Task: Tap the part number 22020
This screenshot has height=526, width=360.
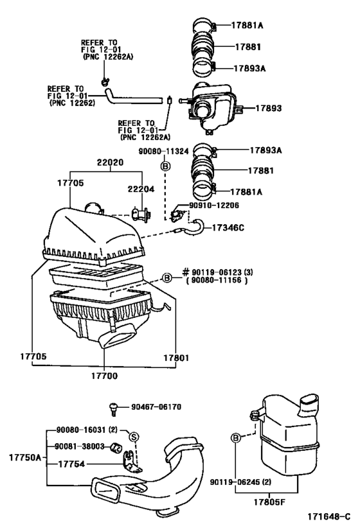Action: (x=110, y=164)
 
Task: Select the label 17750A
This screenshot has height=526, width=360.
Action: (x=24, y=457)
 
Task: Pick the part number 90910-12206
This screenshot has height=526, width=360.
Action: (x=214, y=206)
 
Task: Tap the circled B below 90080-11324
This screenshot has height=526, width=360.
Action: (x=164, y=166)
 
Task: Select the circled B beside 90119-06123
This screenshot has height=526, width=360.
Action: (x=166, y=277)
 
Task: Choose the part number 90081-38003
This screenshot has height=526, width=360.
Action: (x=78, y=446)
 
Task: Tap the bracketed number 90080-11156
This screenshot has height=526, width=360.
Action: (x=215, y=281)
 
